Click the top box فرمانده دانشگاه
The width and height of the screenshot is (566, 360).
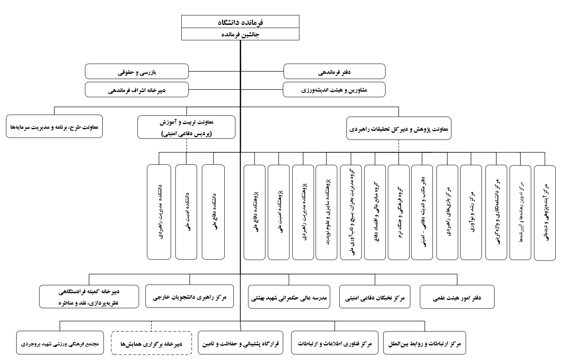pyautogui.click(x=240, y=22)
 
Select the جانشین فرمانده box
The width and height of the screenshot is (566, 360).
pyautogui.click(x=240, y=34)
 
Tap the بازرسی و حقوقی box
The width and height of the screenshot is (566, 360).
pyautogui.click(x=137, y=72)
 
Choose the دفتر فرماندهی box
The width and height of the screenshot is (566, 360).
pyautogui.click(x=334, y=72)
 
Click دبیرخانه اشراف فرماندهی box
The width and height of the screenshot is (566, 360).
pyautogui.click(x=137, y=90)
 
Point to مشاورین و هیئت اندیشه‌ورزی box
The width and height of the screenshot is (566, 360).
pyautogui.click(x=334, y=90)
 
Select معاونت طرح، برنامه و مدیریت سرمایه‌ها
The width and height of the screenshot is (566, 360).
pyautogui.click(x=55, y=126)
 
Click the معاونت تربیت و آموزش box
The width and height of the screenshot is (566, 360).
pyautogui.click(x=186, y=127)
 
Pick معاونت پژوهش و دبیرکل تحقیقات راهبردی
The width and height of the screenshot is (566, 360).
pyautogui.click(x=399, y=128)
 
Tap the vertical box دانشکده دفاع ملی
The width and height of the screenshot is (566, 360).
pyautogui.click(x=213, y=212)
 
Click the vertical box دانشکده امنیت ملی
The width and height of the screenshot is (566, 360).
pyautogui.click(x=186, y=212)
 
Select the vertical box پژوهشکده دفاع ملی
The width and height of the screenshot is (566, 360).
pyautogui.click(x=255, y=212)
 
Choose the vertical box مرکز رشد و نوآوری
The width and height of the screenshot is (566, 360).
pyautogui.click(x=471, y=212)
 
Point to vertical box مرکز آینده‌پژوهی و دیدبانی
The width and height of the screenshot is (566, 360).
pyautogui.click(x=545, y=213)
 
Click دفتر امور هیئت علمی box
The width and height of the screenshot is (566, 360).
pyautogui.click(x=457, y=297)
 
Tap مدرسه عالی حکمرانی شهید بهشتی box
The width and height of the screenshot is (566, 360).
pyautogui.click(x=290, y=297)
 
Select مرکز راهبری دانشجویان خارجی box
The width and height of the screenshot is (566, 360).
pyautogui.click(x=189, y=297)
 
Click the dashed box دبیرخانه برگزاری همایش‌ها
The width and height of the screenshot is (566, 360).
pyautogui.click(x=151, y=343)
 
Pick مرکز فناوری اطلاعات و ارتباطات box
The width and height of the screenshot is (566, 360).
pyautogui.click(x=335, y=343)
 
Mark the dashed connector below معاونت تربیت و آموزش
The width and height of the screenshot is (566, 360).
pyautogui.click(x=186, y=145)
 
